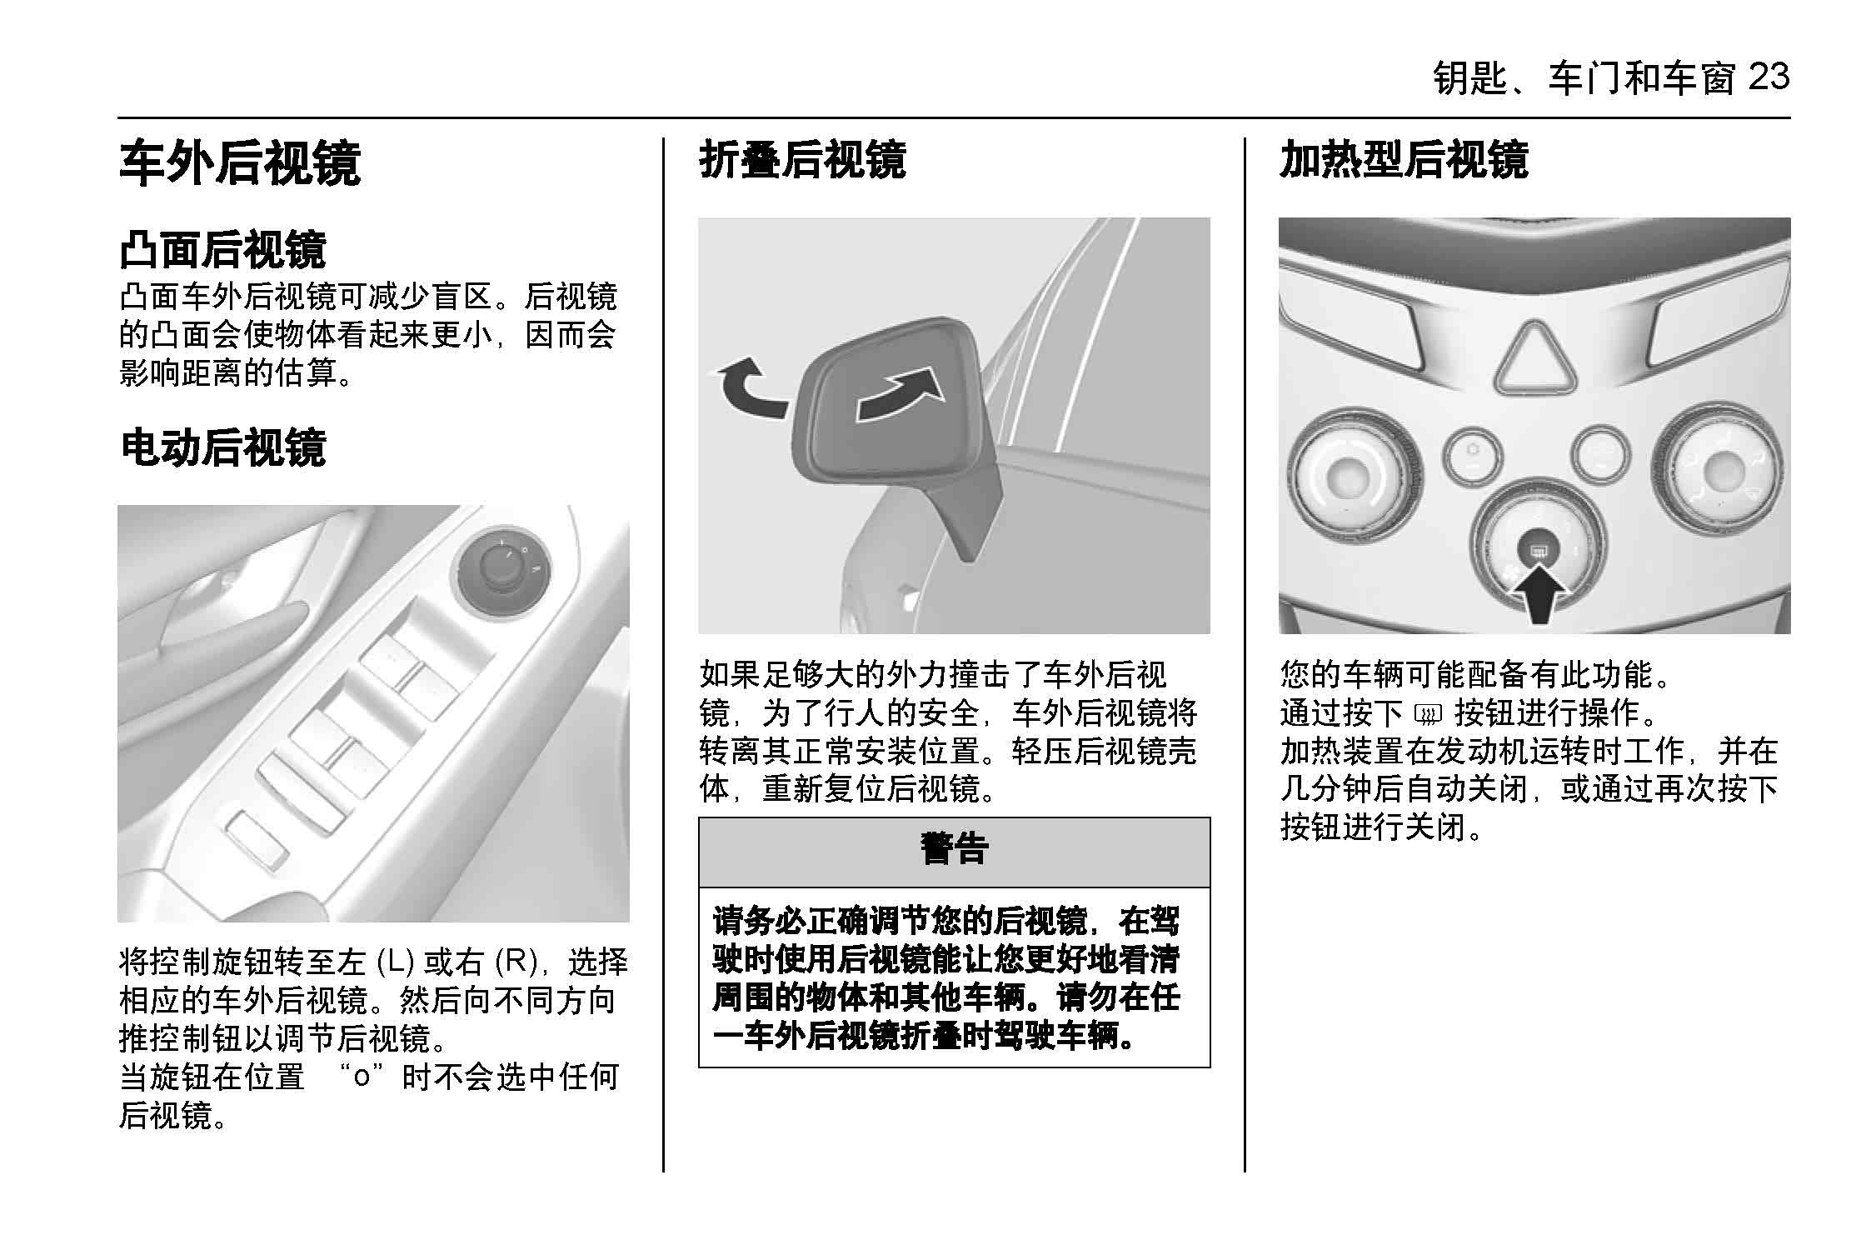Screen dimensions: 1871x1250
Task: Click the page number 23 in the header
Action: click(1769, 77)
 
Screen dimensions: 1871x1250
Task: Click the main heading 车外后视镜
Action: click(240, 162)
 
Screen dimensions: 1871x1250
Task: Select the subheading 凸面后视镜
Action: click(222, 249)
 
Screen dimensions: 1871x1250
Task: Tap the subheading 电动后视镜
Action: click(222, 447)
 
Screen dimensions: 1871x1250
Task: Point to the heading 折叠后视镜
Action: click(802, 159)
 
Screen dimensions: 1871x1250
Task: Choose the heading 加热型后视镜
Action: click(1404, 159)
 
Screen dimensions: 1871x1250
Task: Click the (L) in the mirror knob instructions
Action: click(396, 962)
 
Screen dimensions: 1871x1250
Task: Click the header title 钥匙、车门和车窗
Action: click(1584, 78)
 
